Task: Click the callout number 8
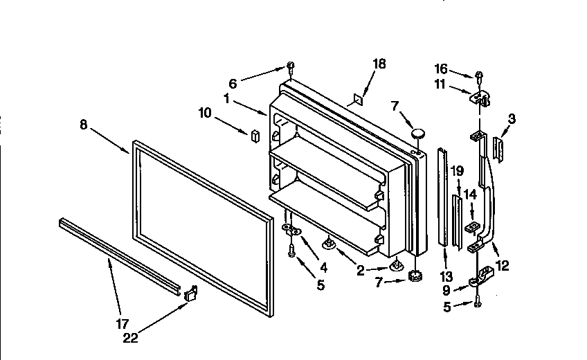click(x=83, y=125)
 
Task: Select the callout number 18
click(x=379, y=64)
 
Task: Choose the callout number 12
click(x=503, y=265)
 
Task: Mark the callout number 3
click(x=511, y=119)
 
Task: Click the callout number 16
click(x=441, y=69)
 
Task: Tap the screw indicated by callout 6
click(x=291, y=66)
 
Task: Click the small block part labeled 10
click(x=254, y=134)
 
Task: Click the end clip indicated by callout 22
click(x=191, y=294)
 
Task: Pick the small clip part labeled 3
click(x=498, y=147)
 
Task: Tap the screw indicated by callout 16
click(x=478, y=75)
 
